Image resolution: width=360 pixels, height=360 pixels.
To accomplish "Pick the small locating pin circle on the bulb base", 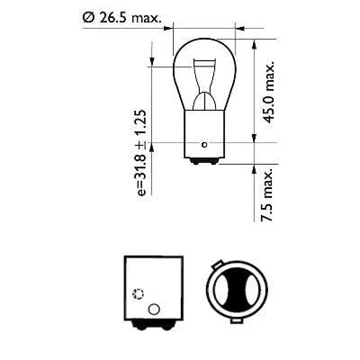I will point(206,142).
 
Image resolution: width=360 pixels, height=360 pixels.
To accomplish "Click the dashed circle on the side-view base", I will point(138,293).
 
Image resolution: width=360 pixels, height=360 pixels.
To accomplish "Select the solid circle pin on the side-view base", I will point(152,310).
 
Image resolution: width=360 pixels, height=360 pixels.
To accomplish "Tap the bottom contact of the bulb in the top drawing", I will point(205,163).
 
